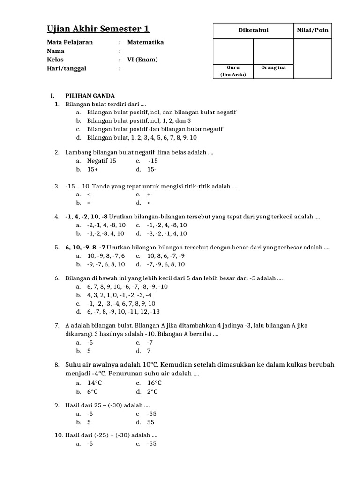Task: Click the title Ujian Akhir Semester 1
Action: coord(98,29)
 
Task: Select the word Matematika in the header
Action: coord(145,42)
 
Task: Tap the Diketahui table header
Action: coord(253,31)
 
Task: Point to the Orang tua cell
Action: coord(273,67)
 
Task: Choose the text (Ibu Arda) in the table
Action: coord(233,74)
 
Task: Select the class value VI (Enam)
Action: coord(142,60)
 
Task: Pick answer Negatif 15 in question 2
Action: coord(101,161)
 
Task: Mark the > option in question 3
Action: coord(149,203)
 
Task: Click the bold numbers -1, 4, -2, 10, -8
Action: coord(86,217)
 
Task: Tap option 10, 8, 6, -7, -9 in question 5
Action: coord(165,256)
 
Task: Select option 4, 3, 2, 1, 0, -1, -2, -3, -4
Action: coord(119,295)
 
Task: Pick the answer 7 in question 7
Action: coord(149,351)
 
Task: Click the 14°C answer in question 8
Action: coord(95,383)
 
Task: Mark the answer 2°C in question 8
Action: coord(152,392)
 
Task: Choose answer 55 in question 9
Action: coord(150,422)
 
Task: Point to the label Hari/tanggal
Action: coord(67,68)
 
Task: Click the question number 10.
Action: coord(59,435)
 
